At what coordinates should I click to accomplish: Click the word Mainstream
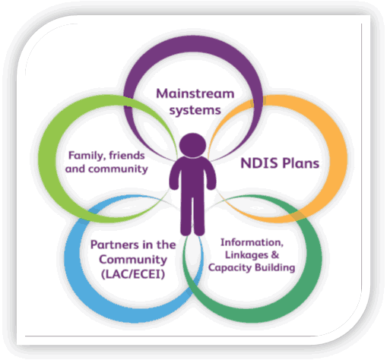coord(195,93)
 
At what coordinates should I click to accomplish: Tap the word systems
coord(195,110)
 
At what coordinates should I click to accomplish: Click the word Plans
coord(300,163)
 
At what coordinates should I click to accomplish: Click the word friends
coord(127,156)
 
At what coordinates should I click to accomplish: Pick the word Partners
coord(115,245)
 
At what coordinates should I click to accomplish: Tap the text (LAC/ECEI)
coord(133,274)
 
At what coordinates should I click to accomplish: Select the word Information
coord(252,242)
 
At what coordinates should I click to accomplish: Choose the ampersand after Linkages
coord(275,254)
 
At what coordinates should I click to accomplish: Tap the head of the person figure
coord(192,145)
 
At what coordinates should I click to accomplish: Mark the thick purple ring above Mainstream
coord(193,43)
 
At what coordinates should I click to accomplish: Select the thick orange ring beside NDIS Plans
coord(338,159)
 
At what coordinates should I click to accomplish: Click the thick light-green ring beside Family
coord(49,159)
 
